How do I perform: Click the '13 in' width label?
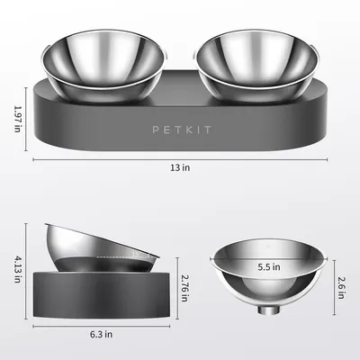(179, 166)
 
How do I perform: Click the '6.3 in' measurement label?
(101, 334)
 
